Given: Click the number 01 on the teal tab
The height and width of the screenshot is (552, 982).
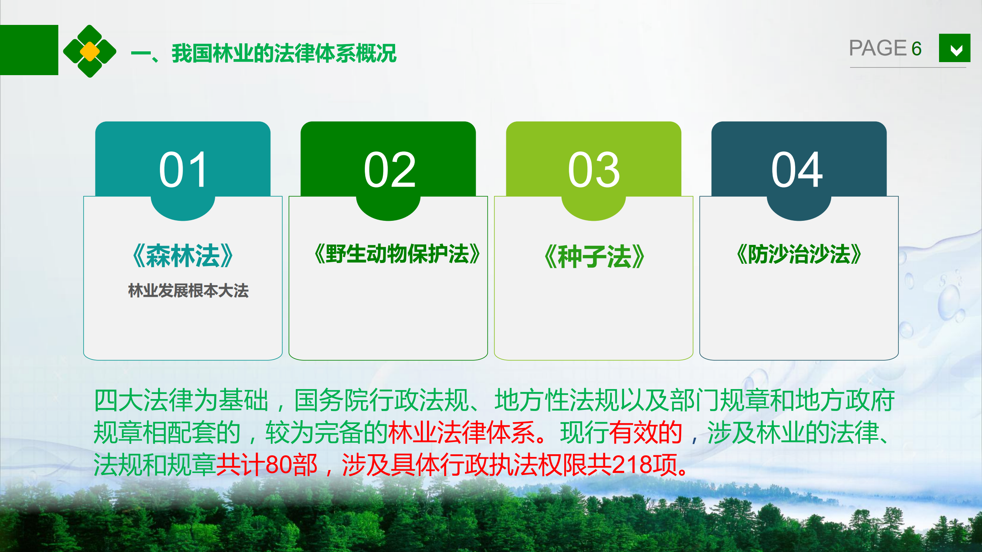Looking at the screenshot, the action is [x=183, y=169].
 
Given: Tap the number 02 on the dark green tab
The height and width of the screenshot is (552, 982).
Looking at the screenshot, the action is [x=389, y=169].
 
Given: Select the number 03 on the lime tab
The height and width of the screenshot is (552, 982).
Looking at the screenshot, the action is [x=594, y=169].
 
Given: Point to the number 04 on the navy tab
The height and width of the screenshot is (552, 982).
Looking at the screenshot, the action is [x=797, y=169].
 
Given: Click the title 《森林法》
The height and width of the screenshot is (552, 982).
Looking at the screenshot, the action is [x=183, y=256].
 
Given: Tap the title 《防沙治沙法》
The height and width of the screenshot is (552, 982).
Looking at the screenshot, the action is [x=799, y=254].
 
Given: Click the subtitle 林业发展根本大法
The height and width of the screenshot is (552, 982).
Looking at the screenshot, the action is [x=188, y=291].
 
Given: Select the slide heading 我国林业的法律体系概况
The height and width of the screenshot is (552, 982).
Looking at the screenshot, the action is [x=284, y=53].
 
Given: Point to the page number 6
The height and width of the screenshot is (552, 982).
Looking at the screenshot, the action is [x=916, y=49].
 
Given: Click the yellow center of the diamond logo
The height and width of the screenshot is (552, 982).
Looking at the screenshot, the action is [x=90, y=51].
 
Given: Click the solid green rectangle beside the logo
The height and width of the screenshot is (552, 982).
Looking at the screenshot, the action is [x=29, y=50].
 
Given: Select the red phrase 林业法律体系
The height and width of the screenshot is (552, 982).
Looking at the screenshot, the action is [x=461, y=432].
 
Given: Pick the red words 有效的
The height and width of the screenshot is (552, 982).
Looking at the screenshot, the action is [x=646, y=432].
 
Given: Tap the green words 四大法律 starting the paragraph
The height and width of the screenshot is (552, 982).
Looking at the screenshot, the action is [x=142, y=400].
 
